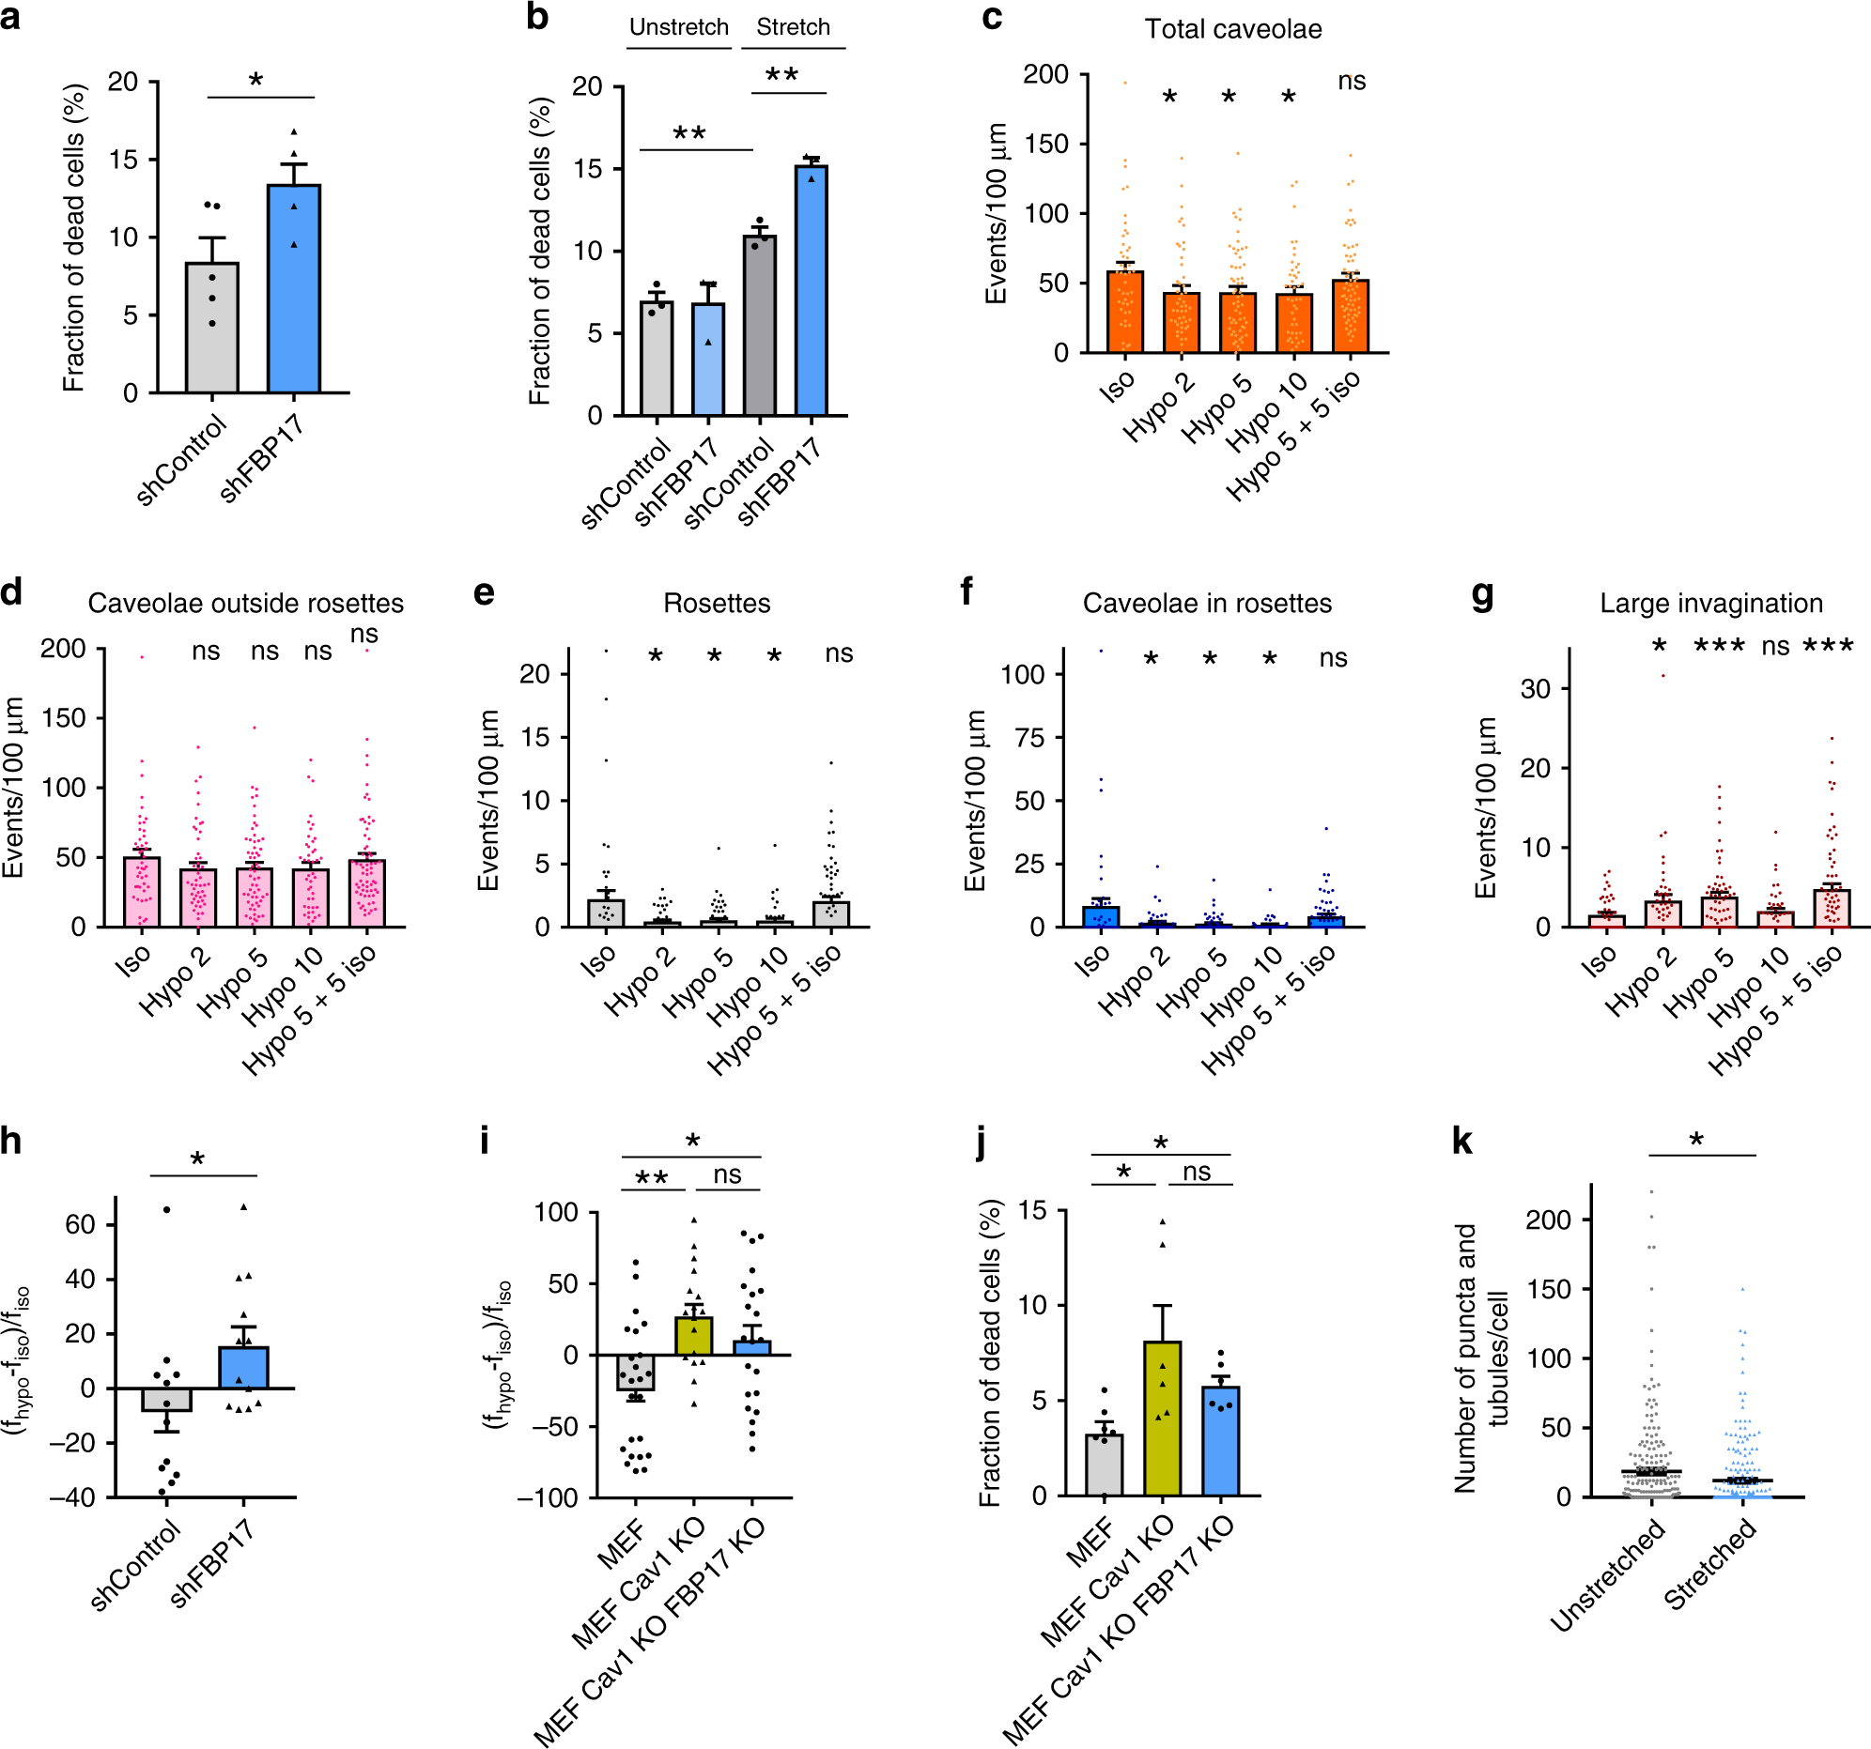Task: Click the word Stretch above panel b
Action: pos(793,27)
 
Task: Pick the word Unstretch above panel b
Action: pos(678,27)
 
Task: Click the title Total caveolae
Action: pos(1232,29)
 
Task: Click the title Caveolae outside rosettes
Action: pos(246,603)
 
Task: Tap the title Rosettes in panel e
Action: pos(717,603)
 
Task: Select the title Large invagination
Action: pos(1710,603)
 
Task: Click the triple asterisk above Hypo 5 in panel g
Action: pos(1719,646)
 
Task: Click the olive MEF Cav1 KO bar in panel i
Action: pos(693,1336)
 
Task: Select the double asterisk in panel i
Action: pos(651,1179)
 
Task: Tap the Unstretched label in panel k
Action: pos(1606,1575)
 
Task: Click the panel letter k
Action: pos(1461,1142)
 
